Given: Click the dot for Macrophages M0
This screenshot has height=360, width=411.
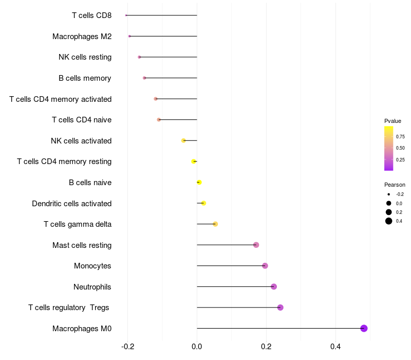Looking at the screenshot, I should click(x=364, y=328).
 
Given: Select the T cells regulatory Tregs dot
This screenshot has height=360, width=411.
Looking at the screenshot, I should click(x=280, y=308).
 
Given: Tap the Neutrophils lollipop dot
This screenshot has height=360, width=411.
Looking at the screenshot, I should click(x=274, y=286).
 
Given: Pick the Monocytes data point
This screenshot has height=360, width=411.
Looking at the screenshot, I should click(x=265, y=266).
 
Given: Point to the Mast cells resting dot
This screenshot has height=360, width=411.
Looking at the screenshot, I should click(x=256, y=245).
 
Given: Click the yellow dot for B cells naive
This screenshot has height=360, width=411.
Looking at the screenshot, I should click(x=199, y=182).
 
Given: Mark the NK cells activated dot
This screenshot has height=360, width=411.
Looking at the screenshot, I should click(x=183, y=140).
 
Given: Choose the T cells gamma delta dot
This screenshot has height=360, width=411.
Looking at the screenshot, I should click(x=215, y=224).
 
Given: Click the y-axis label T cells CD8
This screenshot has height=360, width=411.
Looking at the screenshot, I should click(x=91, y=15).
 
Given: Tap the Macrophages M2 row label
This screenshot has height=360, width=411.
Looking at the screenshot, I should click(x=82, y=36).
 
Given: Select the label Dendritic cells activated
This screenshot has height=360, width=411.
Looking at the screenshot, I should click(x=71, y=203).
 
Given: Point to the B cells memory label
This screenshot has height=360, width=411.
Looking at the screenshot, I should click(x=85, y=78).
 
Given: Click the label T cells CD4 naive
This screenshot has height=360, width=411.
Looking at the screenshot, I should click(x=82, y=120).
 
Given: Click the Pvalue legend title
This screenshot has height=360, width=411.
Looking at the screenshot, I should click(x=393, y=121).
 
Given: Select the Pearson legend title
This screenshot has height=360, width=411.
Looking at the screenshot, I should click(x=395, y=185).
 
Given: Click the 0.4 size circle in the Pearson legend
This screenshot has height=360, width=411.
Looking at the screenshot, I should click(x=389, y=221).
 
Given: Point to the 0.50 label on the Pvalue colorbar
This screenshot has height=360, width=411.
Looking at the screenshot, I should click(x=400, y=148).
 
